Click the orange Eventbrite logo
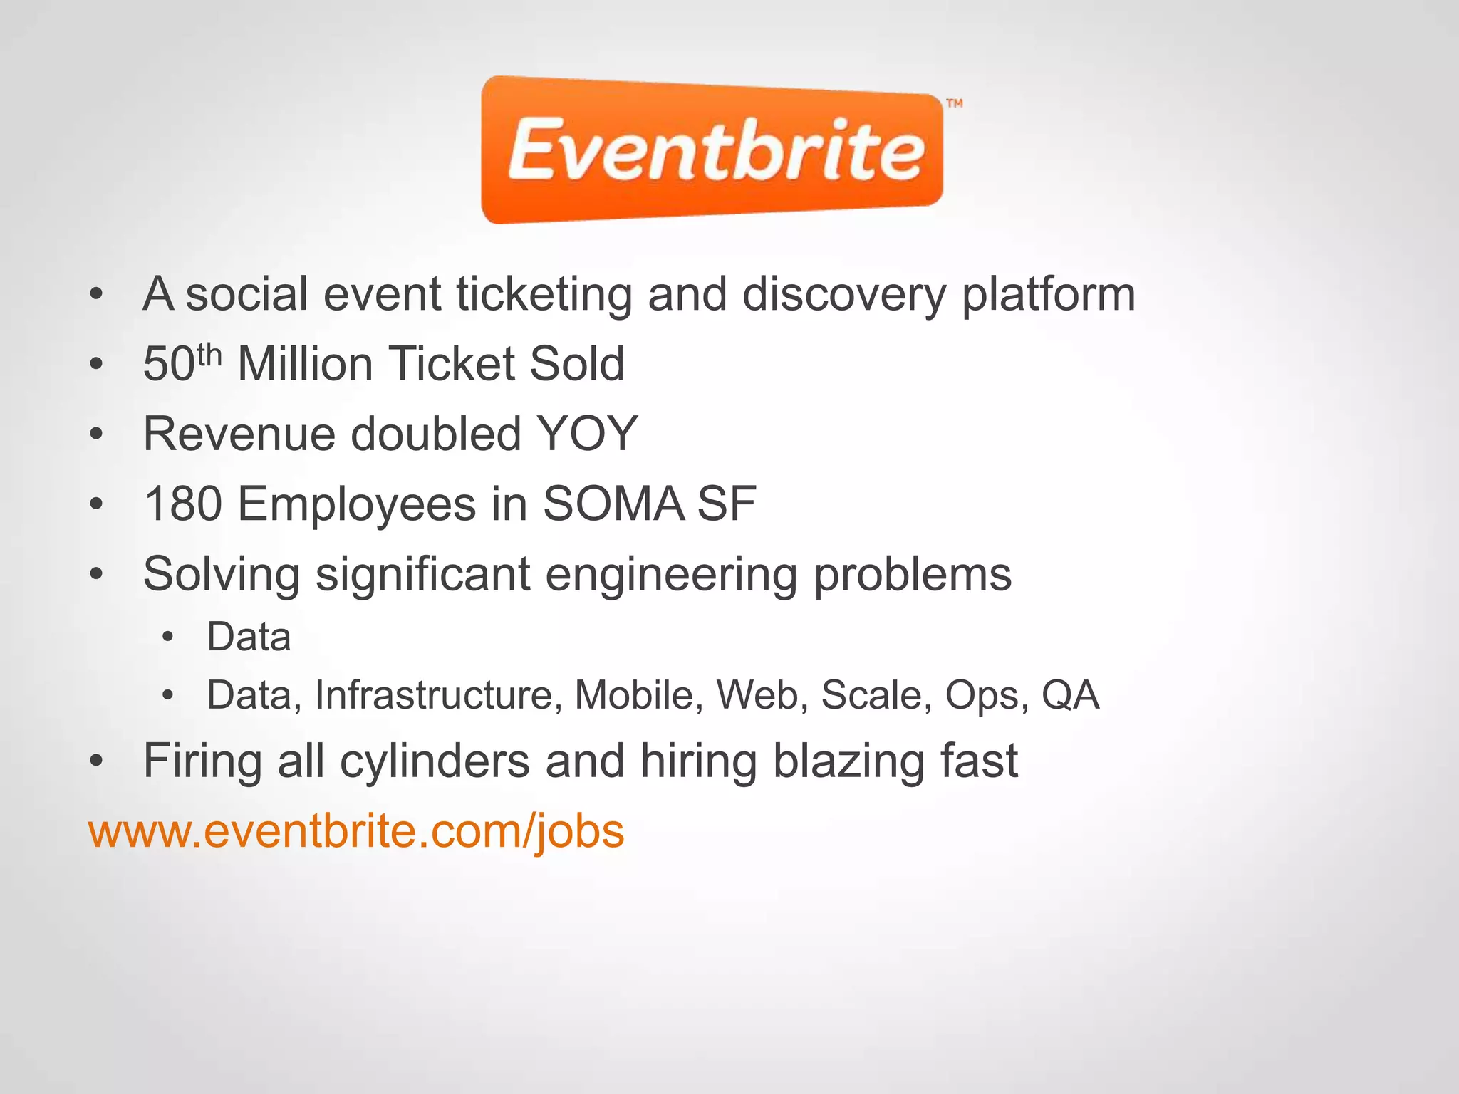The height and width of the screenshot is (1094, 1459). click(x=712, y=150)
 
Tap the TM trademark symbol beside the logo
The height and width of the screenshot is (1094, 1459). click(x=955, y=104)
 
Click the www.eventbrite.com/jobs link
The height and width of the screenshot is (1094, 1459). click(x=356, y=831)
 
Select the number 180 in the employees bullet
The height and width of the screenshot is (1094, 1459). click(x=182, y=504)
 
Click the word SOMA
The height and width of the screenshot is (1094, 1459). click(x=613, y=504)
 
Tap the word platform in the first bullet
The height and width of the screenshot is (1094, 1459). click(x=1048, y=295)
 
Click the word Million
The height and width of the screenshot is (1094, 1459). click(x=305, y=364)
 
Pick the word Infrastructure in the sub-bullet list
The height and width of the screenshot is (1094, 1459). click(x=434, y=695)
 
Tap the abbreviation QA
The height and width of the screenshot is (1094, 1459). click(x=1070, y=695)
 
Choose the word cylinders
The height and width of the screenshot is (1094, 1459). click(x=435, y=761)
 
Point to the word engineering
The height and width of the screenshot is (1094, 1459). click(x=671, y=575)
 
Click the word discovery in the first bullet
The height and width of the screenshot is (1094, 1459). click(x=843, y=295)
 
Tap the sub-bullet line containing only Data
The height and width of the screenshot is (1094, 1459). click(x=249, y=637)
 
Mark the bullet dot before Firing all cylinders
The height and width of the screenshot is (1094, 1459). click(x=97, y=761)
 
